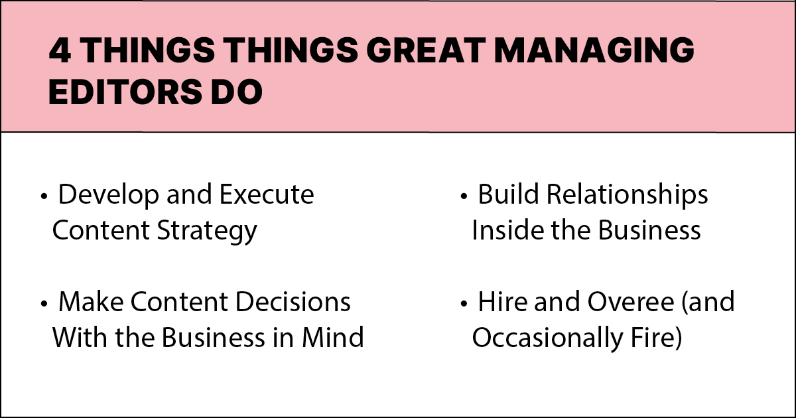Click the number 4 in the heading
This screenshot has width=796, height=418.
tap(60, 52)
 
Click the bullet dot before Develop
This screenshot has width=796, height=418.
tap(44, 197)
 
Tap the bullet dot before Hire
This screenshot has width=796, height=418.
tap(464, 304)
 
